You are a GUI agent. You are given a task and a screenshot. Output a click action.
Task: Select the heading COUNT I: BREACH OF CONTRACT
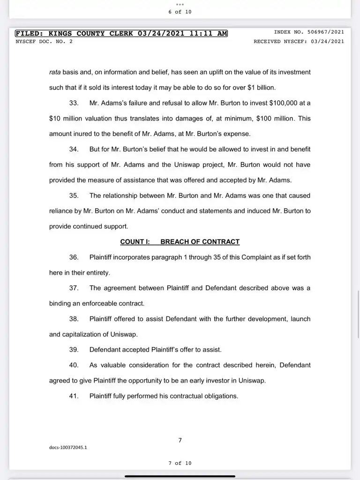click(x=180, y=242)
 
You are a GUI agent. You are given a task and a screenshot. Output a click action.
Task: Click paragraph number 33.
click(x=74, y=103)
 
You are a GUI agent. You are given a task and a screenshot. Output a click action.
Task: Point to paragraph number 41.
click(x=74, y=396)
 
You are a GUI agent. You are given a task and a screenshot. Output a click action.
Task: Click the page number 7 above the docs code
click(x=180, y=440)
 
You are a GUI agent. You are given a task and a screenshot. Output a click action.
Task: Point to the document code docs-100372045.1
click(x=68, y=447)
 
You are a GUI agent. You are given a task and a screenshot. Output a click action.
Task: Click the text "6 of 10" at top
click(x=180, y=12)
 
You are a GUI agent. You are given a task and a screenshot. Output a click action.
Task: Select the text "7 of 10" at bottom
click(x=180, y=463)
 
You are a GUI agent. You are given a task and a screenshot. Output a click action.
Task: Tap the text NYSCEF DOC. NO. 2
click(x=44, y=41)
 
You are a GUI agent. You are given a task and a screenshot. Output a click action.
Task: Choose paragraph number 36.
click(x=74, y=257)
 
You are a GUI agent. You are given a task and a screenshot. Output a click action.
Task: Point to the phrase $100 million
click(x=273, y=119)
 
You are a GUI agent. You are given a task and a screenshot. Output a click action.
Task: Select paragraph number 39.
click(x=74, y=350)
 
